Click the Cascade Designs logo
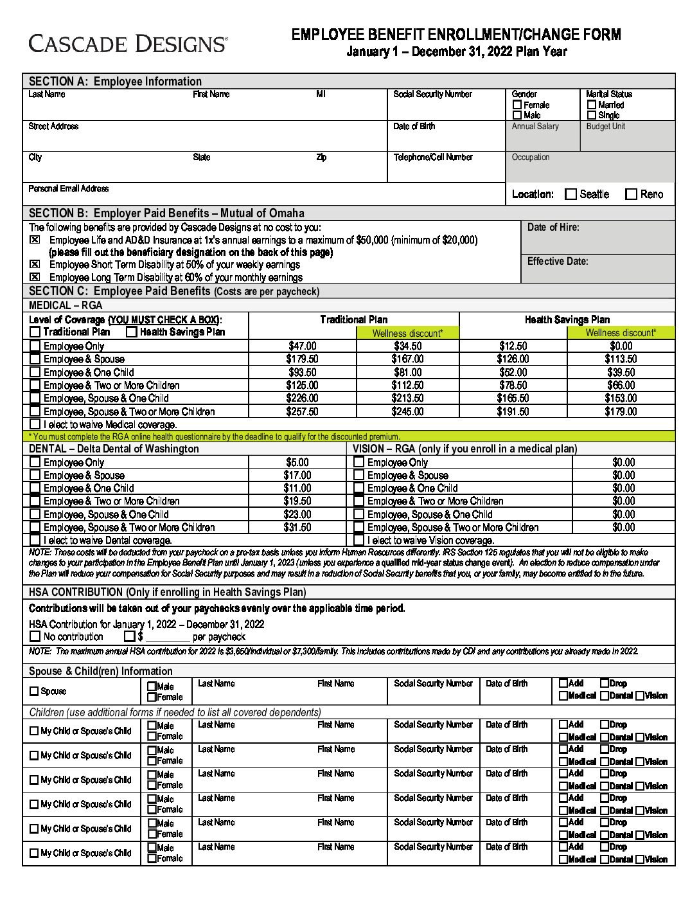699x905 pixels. [x=128, y=43]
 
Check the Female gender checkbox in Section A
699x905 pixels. [x=517, y=105]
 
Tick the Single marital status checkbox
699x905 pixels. [x=592, y=115]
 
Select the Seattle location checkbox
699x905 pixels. [x=571, y=194]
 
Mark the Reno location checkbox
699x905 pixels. [x=632, y=194]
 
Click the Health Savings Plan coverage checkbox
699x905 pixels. [x=132, y=332]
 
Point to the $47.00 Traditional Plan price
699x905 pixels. [x=302, y=346]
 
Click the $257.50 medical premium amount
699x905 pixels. [x=302, y=411]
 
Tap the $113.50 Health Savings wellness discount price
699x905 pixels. [x=621, y=359]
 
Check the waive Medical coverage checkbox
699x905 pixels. [x=35, y=424]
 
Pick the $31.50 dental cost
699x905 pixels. [x=297, y=527]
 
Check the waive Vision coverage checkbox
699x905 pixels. [x=359, y=541]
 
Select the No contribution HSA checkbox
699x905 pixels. [x=35, y=637]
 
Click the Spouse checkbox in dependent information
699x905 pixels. [x=34, y=692]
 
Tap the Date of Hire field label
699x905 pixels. [x=553, y=228]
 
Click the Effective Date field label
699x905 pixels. [x=558, y=262]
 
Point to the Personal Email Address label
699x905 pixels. [x=69, y=189]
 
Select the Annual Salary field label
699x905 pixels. [x=535, y=127]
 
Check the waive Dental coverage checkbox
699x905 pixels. [x=35, y=541]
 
